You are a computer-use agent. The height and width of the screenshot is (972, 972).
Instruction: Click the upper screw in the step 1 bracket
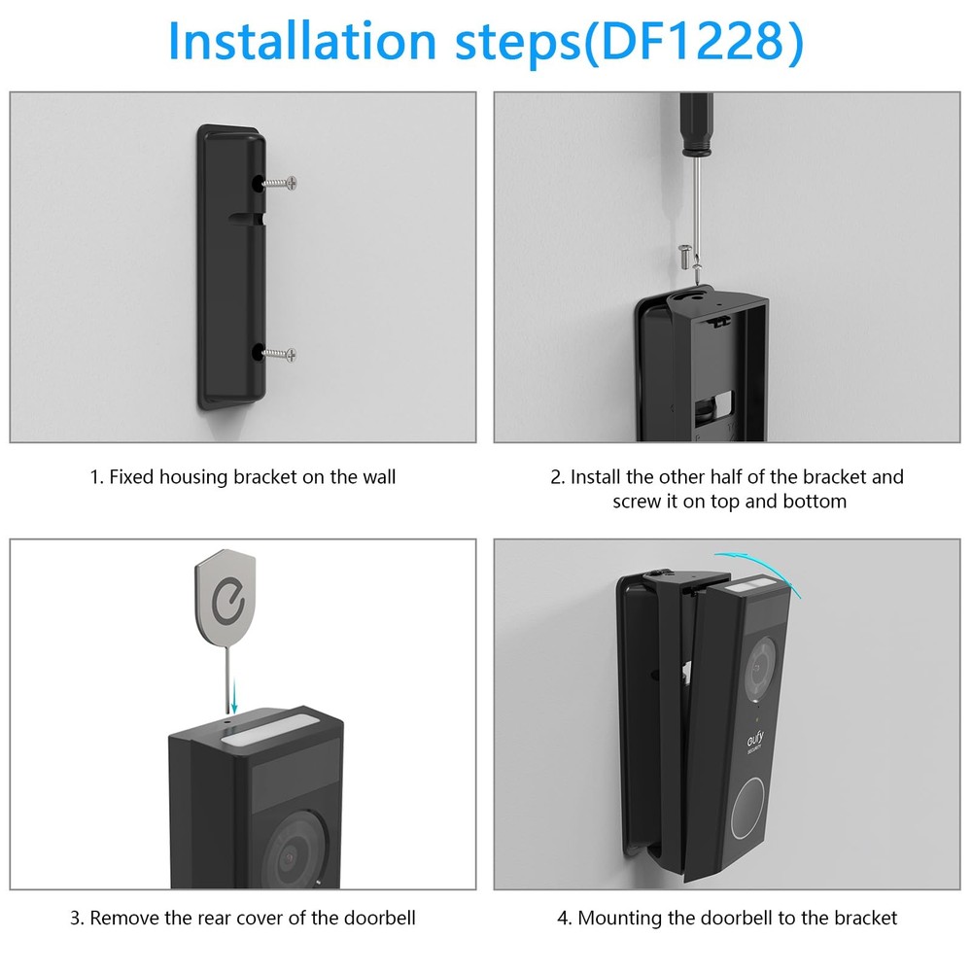point(282,182)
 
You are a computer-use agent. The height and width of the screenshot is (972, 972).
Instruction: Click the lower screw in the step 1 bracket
point(282,354)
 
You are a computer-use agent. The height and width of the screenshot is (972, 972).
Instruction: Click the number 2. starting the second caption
point(558,477)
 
